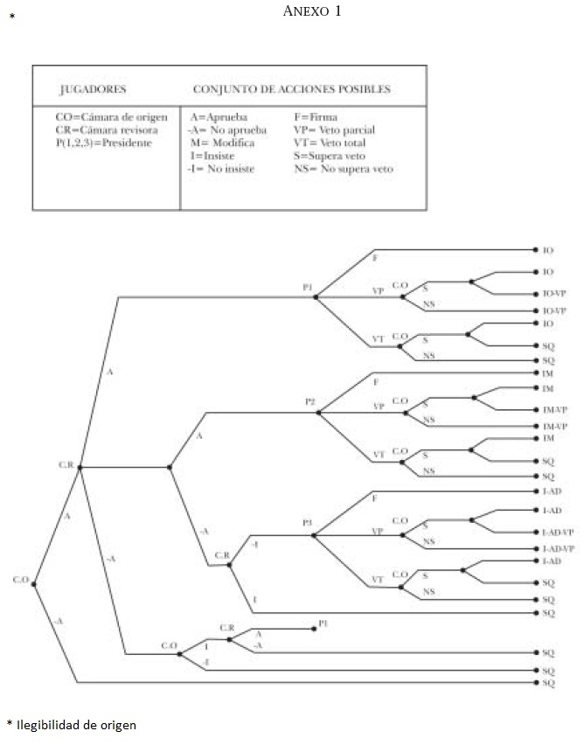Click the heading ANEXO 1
point(312,11)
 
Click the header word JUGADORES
point(92,89)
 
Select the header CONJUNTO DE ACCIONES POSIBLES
point(291,89)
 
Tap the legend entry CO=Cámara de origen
point(111,116)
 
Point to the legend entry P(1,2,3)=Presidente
point(102,143)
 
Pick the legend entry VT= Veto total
point(330,143)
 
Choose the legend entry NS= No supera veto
point(344,169)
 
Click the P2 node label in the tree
point(310,401)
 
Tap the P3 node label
point(307,523)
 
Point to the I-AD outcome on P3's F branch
point(552,492)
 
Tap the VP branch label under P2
point(378,407)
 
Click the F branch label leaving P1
point(375,260)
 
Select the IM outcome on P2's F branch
point(548,373)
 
